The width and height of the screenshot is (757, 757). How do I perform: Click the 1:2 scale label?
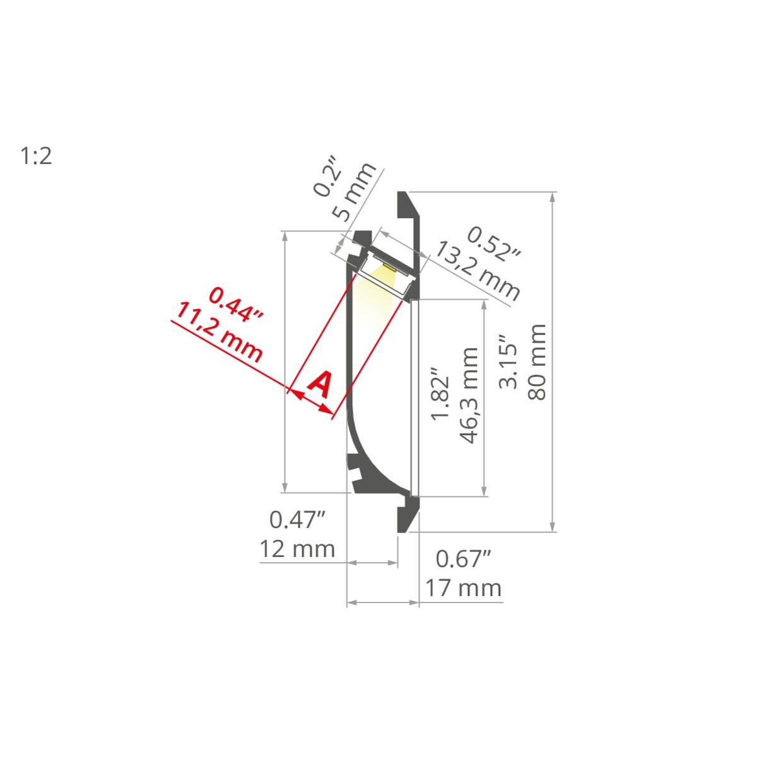[36, 156]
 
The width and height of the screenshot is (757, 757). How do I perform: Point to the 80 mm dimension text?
[537, 362]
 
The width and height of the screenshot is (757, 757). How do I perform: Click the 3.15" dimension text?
[508, 361]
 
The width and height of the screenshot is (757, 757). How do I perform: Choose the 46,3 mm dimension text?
[468, 396]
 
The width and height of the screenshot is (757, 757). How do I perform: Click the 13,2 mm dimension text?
[478, 271]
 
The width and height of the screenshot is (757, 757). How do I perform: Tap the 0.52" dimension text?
[494, 244]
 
